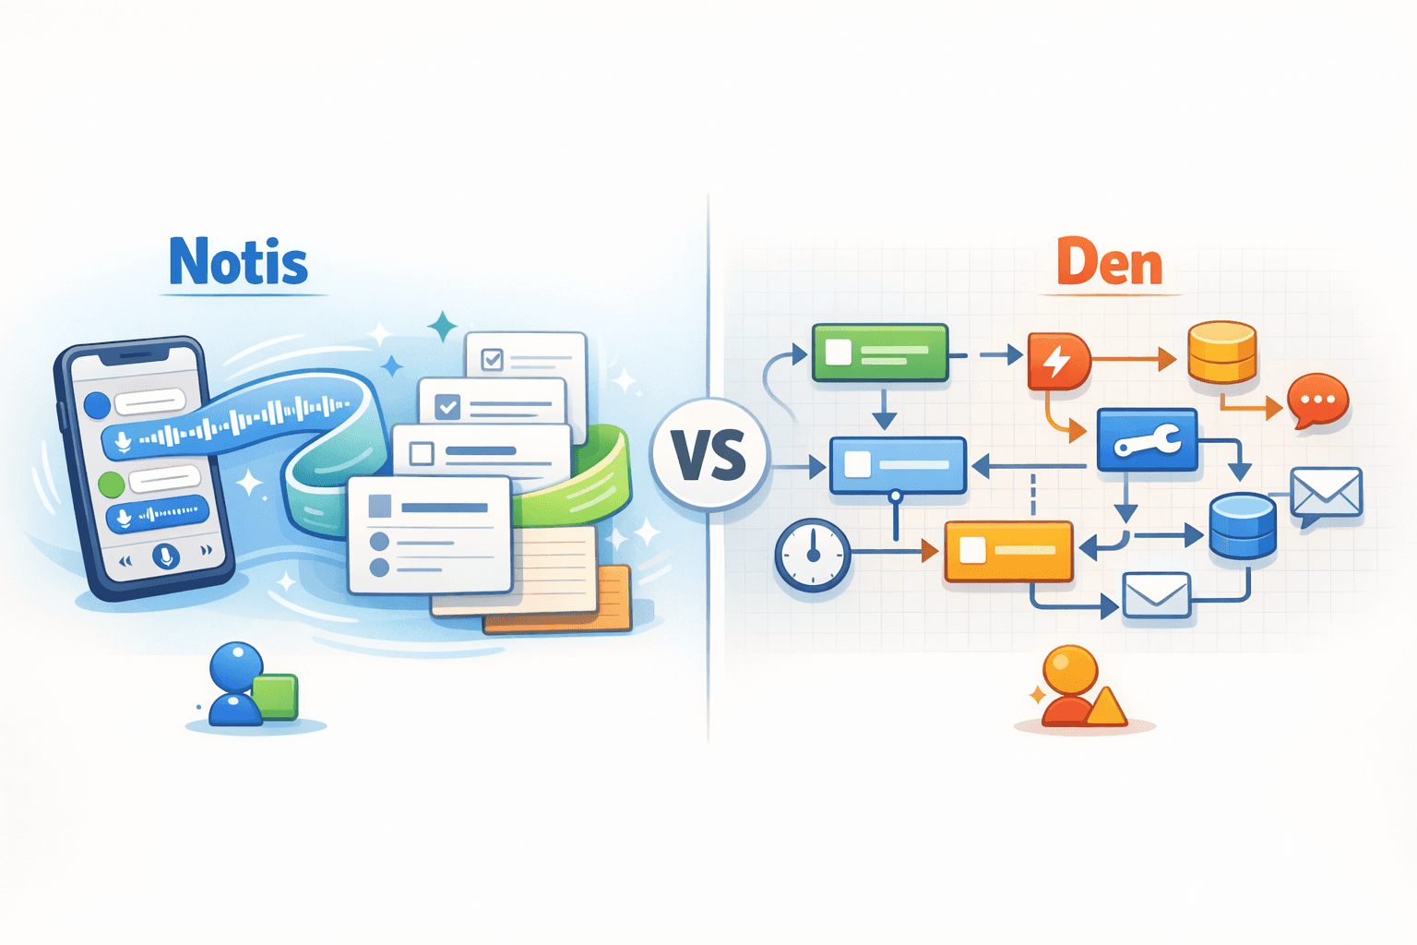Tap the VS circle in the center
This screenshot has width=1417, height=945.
[x=708, y=455]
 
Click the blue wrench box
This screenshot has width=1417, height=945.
[x=1147, y=441]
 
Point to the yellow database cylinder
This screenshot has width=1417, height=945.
[x=1222, y=352]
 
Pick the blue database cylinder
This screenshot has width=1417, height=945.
[x=1243, y=525]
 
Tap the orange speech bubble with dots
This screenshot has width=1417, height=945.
[x=1318, y=401]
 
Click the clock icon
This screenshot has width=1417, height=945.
[x=813, y=554]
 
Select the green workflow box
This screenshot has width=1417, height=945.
[x=880, y=353]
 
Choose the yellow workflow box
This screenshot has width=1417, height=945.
[x=1008, y=551]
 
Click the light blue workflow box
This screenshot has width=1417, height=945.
[x=898, y=464]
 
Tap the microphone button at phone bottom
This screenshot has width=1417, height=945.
[x=166, y=556]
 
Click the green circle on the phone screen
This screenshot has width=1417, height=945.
[x=111, y=483]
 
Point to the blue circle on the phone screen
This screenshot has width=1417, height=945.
[x=97, y=405]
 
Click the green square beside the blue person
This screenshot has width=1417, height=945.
[x=275, y=697]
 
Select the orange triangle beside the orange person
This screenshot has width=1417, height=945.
[x=1106, y=709]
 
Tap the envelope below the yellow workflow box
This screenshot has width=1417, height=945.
[x=1156, y=595]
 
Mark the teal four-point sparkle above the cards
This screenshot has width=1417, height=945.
[x=443, y=327]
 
